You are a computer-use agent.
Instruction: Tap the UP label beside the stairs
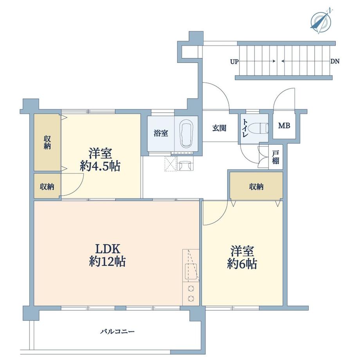pos(234,61)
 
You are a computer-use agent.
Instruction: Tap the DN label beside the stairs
pos(335,61)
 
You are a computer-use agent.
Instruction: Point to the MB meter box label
pos(284,126)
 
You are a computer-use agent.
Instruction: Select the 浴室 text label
pos(160,133)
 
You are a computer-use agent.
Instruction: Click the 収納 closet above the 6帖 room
pos(256,187)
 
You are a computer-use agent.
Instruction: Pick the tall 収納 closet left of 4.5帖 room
pos(47,142)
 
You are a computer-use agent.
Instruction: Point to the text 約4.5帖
pos(100,166)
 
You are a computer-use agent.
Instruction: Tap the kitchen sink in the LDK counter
pos(191,270)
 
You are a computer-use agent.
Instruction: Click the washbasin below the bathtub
pos(184,166)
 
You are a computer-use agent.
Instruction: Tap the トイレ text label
pos(245,128)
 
